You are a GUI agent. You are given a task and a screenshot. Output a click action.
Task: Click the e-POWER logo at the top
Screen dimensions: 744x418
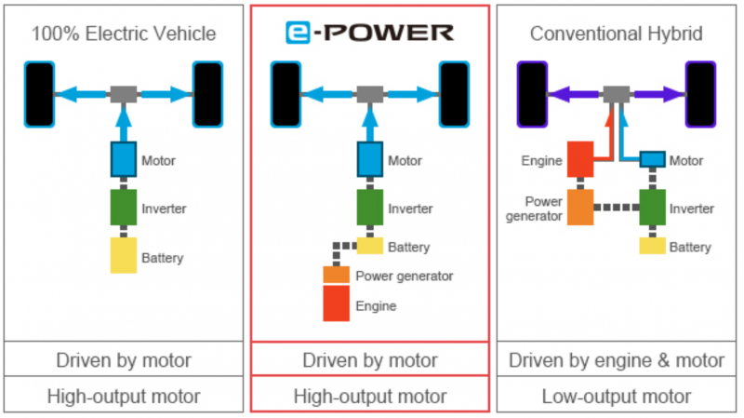tap(369, 33)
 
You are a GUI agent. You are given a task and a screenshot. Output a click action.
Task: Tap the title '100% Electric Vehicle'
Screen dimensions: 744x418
tap(124, 34)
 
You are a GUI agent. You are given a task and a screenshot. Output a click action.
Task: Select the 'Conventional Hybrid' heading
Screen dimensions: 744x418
tap(617, 34)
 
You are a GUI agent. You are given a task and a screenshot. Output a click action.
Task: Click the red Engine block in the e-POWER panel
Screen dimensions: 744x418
tap(337, 303)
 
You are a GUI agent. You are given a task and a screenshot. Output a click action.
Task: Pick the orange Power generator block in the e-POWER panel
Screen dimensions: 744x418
tap(337, 275)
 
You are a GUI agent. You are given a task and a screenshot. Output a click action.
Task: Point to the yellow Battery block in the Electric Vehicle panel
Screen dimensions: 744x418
tap(124, 255)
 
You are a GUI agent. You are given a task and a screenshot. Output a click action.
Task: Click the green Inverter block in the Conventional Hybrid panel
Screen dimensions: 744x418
tap(653, 208)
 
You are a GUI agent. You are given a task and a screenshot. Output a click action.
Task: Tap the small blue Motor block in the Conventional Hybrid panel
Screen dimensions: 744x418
tap(653, 159)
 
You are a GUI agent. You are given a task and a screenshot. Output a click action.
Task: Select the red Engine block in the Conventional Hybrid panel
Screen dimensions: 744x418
tap(580, 159)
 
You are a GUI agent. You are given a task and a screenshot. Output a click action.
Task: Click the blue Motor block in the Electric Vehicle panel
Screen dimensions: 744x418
tap(124, 159)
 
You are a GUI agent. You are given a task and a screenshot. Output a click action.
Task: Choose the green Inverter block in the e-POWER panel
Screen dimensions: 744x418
tap(370, 208)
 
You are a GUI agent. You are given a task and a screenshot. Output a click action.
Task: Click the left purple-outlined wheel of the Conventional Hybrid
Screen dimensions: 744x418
tap(532, 95)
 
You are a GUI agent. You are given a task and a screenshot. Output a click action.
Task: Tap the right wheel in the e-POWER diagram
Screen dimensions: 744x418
tap(454, 95)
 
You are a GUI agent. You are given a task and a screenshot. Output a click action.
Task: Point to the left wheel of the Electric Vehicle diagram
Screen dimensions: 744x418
tap(39, 95)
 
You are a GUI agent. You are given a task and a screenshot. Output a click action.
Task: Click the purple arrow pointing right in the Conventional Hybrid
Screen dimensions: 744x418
tap(658, 95)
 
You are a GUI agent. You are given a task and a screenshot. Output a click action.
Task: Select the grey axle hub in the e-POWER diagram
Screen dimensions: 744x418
tap(370, 95)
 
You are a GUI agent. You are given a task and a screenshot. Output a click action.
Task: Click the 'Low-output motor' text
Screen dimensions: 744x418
tap(617, 397)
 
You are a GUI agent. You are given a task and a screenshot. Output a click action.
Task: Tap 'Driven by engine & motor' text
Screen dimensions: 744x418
tap(617, 360)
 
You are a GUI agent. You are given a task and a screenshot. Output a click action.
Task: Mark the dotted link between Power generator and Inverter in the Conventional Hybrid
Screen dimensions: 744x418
tap(617, 207)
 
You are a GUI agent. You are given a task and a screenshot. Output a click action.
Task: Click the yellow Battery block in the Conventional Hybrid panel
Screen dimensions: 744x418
tap(653, 246)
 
